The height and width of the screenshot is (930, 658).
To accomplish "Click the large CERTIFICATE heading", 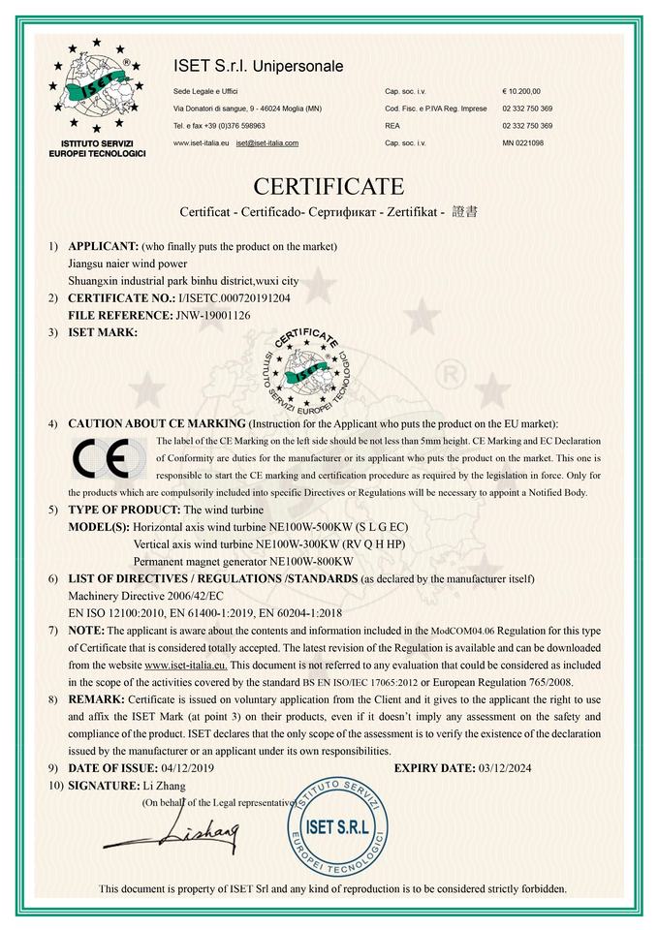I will (x=329, y=185).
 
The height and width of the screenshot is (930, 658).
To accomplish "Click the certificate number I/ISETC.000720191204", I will (x=233, y=298).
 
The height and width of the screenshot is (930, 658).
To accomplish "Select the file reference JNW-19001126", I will (x=213, y=315).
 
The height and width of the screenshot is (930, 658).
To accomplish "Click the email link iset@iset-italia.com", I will (x=266, y=143).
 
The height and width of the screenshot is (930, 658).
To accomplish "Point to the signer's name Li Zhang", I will (x=164, y=785).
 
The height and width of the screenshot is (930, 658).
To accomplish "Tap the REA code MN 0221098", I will (x=523, y=143).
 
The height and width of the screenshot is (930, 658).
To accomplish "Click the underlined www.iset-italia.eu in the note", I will (x=185, y=665).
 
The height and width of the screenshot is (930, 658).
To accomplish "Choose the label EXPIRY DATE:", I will (x=433, y=768).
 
